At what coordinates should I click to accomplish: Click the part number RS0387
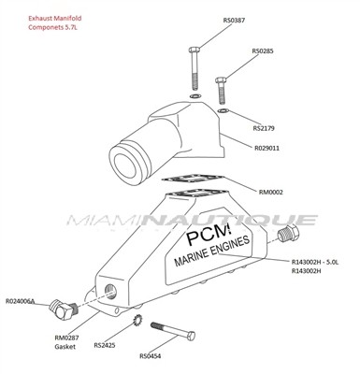(234, 21)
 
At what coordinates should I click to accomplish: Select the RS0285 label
(263, 50)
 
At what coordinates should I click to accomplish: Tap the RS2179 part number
(264, 128)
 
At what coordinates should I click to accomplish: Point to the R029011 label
(267, 148)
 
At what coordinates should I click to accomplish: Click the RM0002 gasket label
(271, 193)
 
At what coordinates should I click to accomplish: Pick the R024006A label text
(21, 301)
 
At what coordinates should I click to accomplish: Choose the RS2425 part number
(105, 346)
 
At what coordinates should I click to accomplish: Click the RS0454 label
(151, 356)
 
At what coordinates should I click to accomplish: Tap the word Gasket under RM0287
(65, 347)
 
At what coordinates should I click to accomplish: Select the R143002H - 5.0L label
(315, 262)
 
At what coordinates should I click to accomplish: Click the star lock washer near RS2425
(137, 321)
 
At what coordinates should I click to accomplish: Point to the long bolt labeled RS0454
(173, 331)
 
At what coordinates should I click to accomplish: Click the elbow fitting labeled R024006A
(63, 309)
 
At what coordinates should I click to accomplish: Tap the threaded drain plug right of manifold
(288, 233)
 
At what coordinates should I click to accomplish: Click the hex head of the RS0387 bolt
(194, 50)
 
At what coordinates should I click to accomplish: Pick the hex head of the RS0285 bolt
(221, 80)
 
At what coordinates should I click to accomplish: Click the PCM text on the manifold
(209, 235)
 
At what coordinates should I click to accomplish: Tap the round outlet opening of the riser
(125, 165)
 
